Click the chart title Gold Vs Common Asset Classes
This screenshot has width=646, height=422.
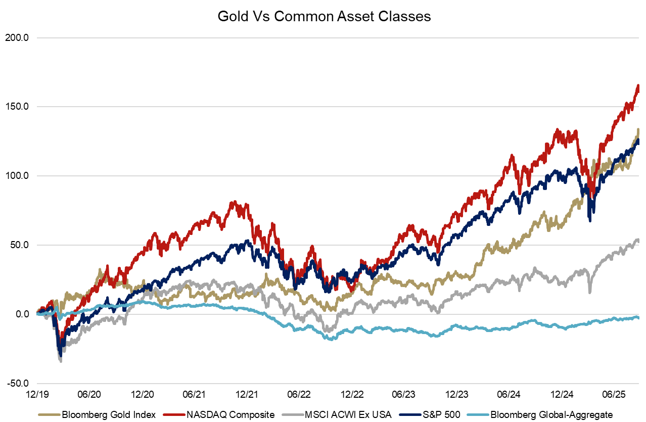pos(324,16)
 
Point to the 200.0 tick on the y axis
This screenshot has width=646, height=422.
pos(19,38)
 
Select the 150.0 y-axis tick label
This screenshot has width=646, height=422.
pos(19,107)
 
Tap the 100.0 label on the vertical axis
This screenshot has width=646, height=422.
pos(19,176)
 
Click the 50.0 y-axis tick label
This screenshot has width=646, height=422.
pos(21,246)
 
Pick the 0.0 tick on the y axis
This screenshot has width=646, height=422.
pos(23,314)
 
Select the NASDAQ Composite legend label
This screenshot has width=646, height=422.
pos(230,415)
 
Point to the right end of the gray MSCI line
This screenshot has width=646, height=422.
pos(638,241)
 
